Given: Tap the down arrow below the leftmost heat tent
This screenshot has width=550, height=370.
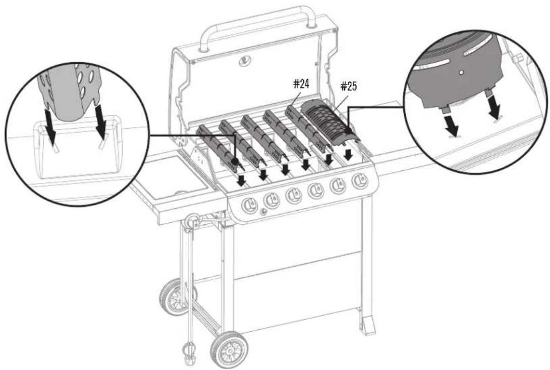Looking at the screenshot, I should tap(242, 180).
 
